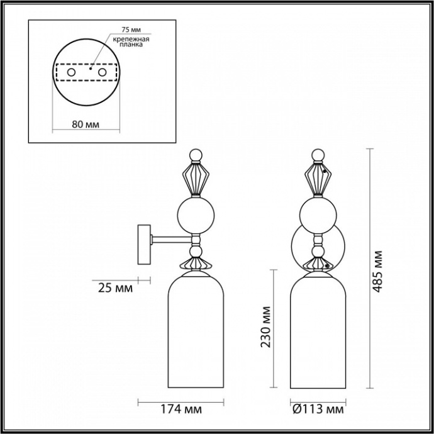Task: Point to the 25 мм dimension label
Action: (x=116, y=289)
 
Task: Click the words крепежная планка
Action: (x=128, y=42)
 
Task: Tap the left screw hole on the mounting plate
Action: (x=72, y=74)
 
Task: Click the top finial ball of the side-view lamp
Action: (x=196, y=154)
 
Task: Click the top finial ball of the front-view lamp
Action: (x=318, y=154)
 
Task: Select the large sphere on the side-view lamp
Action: (x=196, y=214)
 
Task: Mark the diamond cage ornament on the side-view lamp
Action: (x=196, y=178)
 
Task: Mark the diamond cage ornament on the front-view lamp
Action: (x=318, y=178)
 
